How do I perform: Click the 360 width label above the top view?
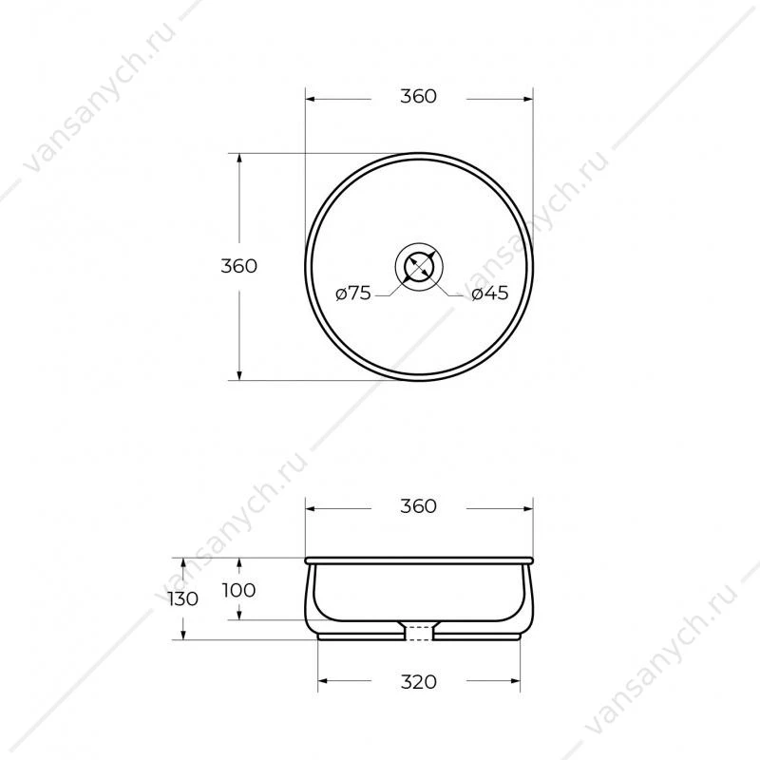pyautogui.click(x=418, y=97)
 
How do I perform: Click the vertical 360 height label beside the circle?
pyautogui.click(x=239, y=266)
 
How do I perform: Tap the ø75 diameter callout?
pyautogui.click(x=353, y=293)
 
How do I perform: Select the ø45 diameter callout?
pyautogui.click(x=490, y=293)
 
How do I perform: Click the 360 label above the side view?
pyautogui.click(x=418, y=506)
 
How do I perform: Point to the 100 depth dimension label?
pyautogui.click(x=239, y=590)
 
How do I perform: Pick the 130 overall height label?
pyautogui.click(x=183, y=599)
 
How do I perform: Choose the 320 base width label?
pyautogui.click(x=418, y=682)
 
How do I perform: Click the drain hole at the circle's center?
pyautogui.click(x=419, y=266)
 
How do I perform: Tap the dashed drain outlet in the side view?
pyautogui.click(x=419, y=633)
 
